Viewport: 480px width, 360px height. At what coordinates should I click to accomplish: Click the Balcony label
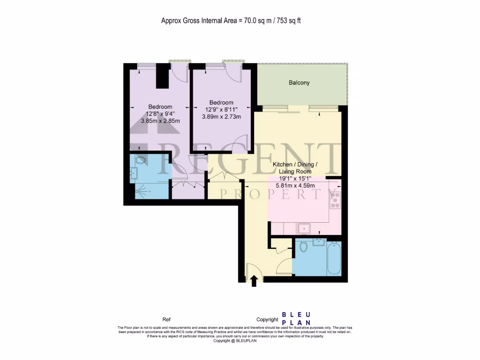point(299,83)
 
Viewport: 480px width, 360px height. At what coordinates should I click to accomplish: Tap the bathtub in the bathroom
point(334,258)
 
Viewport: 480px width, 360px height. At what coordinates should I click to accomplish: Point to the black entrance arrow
point(254,281)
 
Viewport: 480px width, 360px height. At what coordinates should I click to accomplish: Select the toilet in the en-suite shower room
point(140,161)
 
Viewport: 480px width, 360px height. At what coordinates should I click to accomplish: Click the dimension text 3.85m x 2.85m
point(160,121)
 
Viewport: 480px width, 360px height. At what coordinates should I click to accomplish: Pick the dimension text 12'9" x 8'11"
point(221,110)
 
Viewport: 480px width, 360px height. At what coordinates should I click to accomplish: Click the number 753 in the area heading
point(277,21)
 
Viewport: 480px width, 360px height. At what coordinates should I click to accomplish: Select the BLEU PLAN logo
point(295,319)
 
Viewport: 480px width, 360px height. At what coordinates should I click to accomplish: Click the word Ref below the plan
point(166,319)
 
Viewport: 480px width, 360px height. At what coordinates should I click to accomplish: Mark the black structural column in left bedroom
point(162,76)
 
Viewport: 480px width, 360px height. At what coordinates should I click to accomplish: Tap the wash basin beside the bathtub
point(320,242)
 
